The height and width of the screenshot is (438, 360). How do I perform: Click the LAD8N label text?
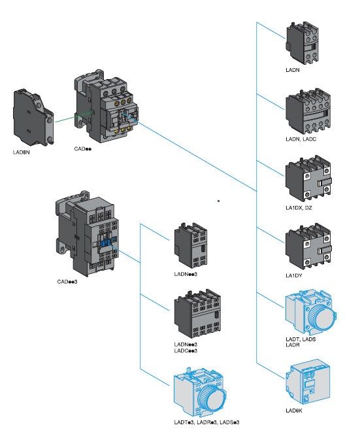[21, 152]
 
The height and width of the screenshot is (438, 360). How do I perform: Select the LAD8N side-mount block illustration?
[33, 118]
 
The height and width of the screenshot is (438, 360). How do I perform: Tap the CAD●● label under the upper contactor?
[82, 149]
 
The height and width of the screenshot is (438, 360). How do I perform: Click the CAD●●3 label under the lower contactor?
[67, 282]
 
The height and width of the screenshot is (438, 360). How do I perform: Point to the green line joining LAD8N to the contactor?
[73, 117]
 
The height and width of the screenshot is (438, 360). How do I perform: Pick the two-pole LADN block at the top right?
[302, 42]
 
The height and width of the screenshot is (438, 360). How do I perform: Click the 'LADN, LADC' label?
[301, 139]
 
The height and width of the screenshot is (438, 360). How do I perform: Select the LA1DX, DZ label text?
[299, 208]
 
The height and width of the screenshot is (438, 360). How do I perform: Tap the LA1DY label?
[293, 276]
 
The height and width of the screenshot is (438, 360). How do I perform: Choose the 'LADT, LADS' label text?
[301, 339]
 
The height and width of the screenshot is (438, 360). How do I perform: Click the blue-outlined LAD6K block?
[308, 382]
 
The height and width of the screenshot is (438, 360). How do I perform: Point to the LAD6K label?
[293, 411]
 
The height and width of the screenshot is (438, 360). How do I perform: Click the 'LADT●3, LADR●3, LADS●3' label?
[206, 422]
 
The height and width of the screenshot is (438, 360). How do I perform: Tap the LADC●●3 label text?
[186, 350]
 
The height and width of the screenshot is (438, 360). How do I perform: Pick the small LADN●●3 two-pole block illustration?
[191, 245]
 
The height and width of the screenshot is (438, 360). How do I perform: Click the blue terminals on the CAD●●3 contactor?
[106, 241]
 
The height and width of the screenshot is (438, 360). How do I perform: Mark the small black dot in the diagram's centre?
[218, 201]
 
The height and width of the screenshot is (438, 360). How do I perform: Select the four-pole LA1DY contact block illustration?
[308, 246]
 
